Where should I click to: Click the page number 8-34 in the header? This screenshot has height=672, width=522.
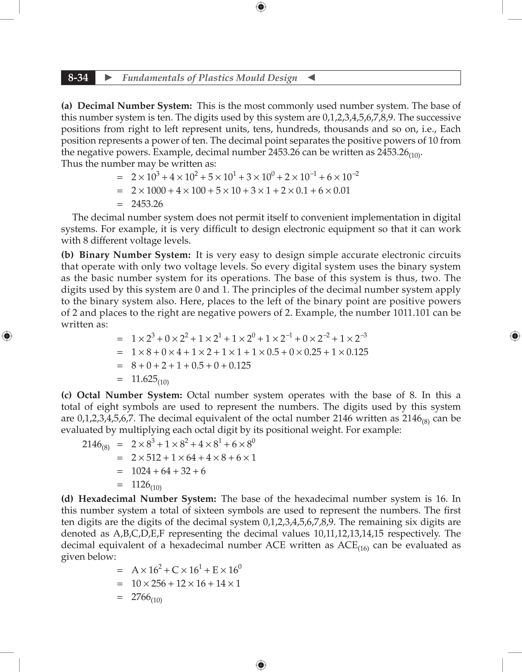[78, 77]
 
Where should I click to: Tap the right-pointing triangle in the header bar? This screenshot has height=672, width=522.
[108, 77]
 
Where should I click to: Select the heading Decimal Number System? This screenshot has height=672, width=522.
[135, 106]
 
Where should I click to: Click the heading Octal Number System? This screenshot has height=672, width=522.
[129, 395]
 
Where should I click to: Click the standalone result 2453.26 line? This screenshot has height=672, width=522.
[147, 204]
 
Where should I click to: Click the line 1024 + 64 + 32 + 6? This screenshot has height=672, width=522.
[168, 471]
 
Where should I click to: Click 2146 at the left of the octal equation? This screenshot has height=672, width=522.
[92, 444]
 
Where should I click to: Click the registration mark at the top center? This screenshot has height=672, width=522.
[261, 7]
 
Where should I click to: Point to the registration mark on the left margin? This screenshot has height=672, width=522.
[7, 336]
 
